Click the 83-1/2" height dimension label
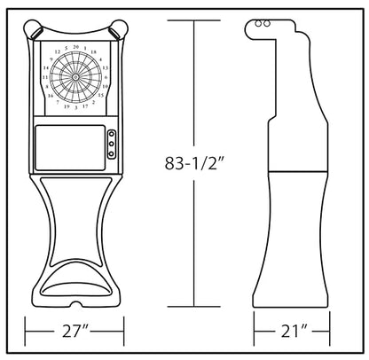click(x=194, y=163)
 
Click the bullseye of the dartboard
click(x=75, y=77)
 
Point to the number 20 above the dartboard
click(x=75, y=47)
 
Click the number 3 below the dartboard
click(x=76, y=108)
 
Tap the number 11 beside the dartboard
click(x=45, y=77)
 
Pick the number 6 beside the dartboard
click(x=106, y=77)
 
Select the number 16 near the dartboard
click(x=51, y=96)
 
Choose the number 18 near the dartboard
click(x=93, y=52)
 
